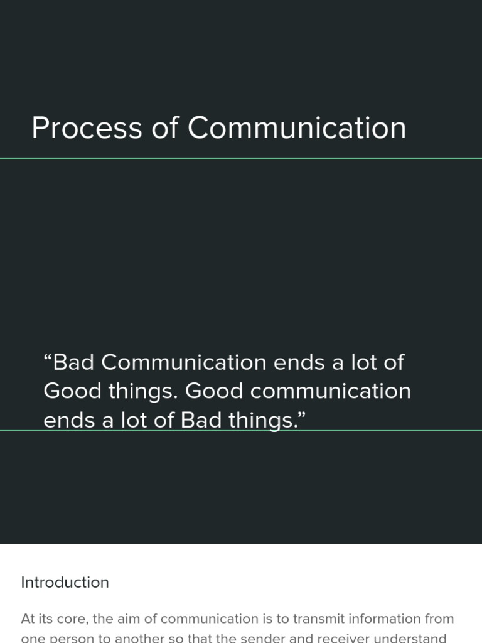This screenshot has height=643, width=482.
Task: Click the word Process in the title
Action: click(87, 128)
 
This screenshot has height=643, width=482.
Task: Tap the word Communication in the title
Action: click(296, 128)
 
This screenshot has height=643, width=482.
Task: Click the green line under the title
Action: click(241, 158)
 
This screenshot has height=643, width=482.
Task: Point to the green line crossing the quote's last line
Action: click(377, 430)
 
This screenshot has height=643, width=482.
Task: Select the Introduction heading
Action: click(65, 583)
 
